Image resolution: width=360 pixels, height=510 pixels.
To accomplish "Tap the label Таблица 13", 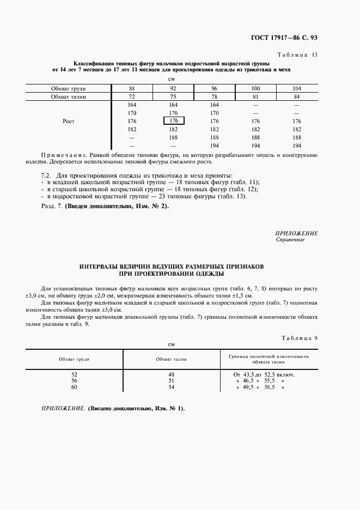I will point(297,55).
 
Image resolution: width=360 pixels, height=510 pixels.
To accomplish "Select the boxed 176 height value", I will point(174,121).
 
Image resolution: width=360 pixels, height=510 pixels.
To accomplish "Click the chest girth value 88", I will point(132,88).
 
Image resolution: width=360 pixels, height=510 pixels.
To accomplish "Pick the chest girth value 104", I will point(296,88).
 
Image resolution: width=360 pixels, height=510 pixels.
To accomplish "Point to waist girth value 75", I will point(174,96).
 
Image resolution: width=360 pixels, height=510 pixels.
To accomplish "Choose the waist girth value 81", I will point(255,96).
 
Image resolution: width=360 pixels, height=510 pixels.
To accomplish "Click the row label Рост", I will point(68,122).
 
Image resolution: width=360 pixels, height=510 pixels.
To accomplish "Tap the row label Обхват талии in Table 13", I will point(68,96).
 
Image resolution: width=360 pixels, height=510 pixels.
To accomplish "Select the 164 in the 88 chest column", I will point(132,105).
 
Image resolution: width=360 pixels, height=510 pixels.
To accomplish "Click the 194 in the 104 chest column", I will point(296,146).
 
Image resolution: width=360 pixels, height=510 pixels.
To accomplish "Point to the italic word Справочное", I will point(290,239).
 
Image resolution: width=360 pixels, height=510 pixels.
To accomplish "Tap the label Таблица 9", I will point(299,338).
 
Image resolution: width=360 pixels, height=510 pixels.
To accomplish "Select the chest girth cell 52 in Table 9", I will point(75,374).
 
